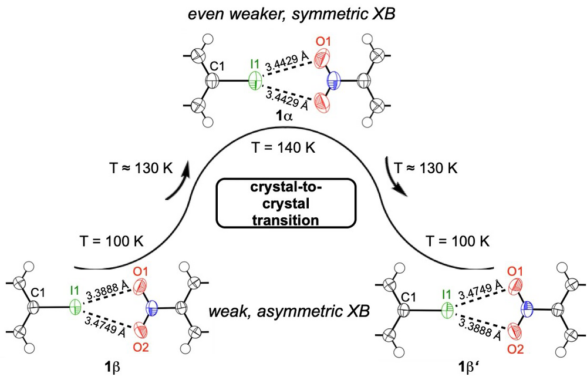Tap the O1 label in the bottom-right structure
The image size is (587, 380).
click(515, 271)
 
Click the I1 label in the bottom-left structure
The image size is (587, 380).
click(75, 290)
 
